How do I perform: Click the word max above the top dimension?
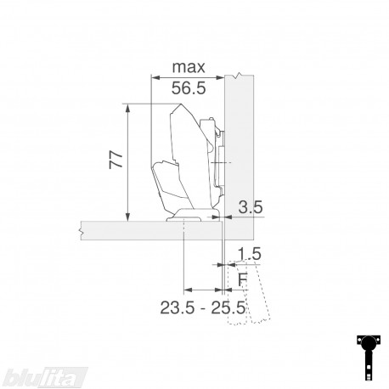(x=189, y=67)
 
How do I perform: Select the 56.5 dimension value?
(x=189, y=88)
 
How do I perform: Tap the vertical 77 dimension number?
(x=116, y=160)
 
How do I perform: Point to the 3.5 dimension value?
(x=251, y=207)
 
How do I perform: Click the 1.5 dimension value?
(x=249, y=254)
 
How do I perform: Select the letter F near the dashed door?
(x=243, y=279)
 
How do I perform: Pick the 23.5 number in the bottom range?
(x=178, y=307)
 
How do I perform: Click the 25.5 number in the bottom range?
(x=228, y=307)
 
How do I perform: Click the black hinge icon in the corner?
(x=368, y=358)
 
